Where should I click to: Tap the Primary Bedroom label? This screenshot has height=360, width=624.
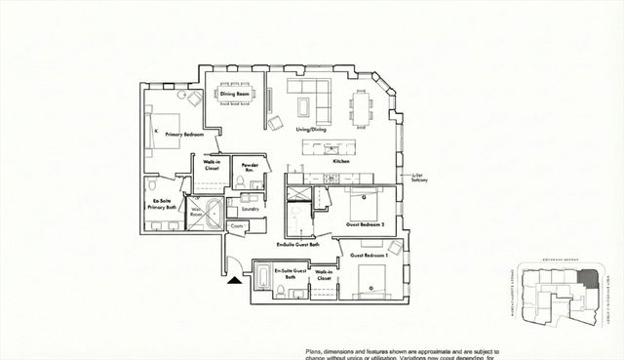[x=184, y=134]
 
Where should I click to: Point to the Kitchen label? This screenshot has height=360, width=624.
[x=341, y=160]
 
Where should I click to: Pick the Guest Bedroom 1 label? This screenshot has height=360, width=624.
[x=370, y=254]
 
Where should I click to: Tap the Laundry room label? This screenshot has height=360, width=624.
[x=248, y=207]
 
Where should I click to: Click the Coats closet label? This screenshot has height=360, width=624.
[x=237, y=226]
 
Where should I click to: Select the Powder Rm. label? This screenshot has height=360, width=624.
[x=250, y=167]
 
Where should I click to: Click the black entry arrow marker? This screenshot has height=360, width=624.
[x=234, y=282]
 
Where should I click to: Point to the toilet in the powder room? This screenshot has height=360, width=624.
[x=239, y=183]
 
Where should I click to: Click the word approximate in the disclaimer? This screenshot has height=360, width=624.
[x=455, y=350]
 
